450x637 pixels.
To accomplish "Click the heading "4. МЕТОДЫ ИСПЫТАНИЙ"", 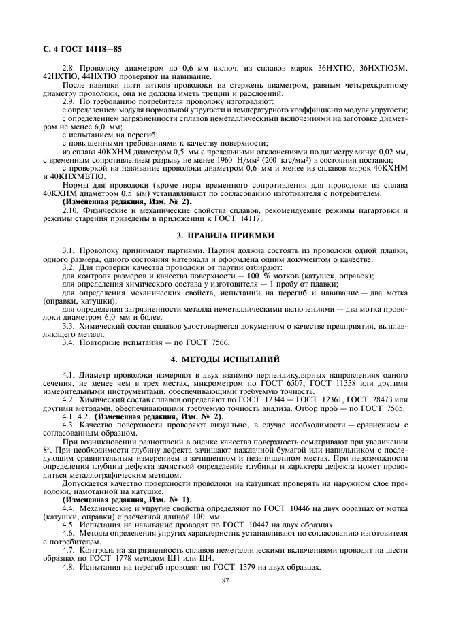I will click(225, 358).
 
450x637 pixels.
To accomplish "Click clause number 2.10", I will click(71, 211).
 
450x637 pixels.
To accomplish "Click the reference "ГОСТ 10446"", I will click(262, 508).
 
